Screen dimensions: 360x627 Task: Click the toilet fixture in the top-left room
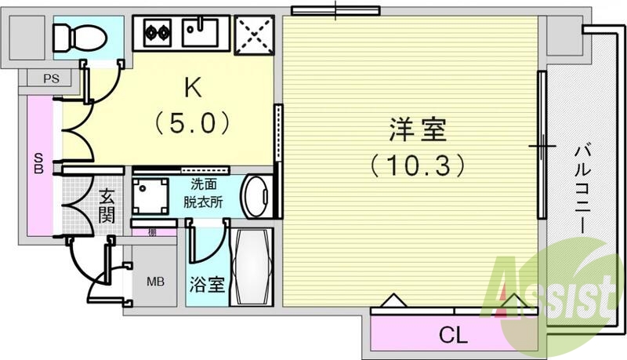pyautogui.click(x=75, y=35)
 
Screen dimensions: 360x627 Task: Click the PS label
pyautogui.click(x=50, y=78)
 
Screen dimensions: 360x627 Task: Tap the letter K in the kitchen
pyautogui.click(x=192, y=88)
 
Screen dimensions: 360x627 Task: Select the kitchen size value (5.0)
pyautogui.click(x=192, y=122)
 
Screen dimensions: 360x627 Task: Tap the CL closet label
pyautogui.click(x=452, y=337)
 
